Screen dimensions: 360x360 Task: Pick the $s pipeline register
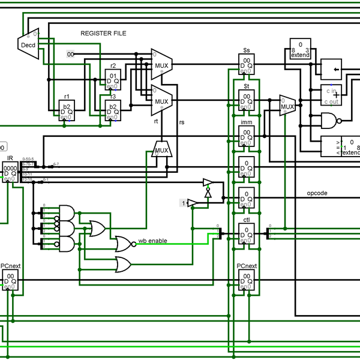click(x=247, y=64)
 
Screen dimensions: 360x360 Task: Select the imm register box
click(x=247, y=134)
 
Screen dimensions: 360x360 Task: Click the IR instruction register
click(x=11, y=171)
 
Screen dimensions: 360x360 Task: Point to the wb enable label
click(x=152, y=241)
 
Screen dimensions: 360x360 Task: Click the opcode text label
click(x=317, y=193)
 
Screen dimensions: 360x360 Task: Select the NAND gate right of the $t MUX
click(x=329, y=122)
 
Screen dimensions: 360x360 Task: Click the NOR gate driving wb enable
click(x=124, y=243)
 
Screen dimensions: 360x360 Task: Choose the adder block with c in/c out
click(x=332, y=95)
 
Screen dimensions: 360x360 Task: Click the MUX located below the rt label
click(x=161, y=148)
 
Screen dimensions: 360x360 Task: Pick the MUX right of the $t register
click(x=287, y=107)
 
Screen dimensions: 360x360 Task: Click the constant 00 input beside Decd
click(x=71, y=55)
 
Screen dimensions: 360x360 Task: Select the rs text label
click(x=182, y=122)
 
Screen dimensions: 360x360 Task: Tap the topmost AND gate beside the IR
click(x=67, y=212)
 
